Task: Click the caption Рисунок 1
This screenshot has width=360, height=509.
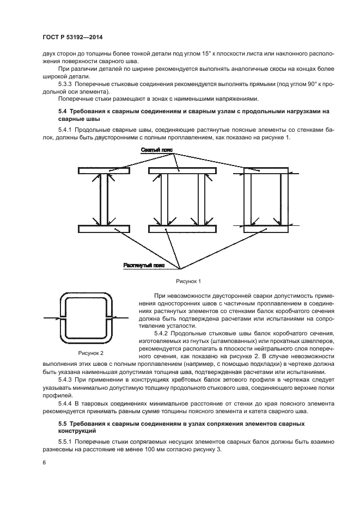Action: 188,281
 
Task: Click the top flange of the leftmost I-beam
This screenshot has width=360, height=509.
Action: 103,171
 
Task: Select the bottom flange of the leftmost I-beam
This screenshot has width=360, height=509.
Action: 103,228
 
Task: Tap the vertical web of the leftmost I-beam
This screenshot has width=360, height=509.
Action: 103,199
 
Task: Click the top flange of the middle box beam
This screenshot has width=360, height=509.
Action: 182,171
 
